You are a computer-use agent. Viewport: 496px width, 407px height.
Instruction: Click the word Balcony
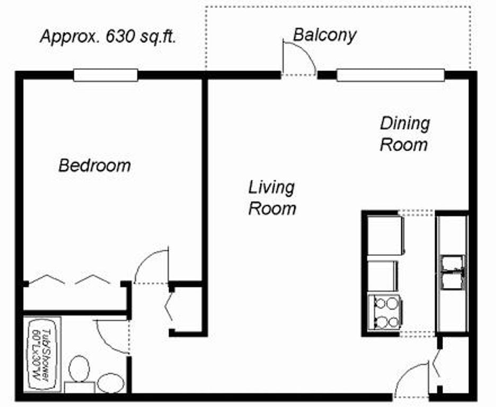click(324, 35)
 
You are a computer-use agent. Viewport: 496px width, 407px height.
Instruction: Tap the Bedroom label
click(94, 165)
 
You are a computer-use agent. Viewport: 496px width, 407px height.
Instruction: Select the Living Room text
click(272, 198)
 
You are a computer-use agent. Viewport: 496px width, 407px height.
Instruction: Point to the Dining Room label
click(404, 134)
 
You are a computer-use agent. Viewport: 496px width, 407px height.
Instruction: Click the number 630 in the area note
click(121, 37)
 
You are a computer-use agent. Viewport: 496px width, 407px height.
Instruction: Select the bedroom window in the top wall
click(105, 75)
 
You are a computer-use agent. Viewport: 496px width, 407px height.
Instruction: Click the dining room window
click(391, 75)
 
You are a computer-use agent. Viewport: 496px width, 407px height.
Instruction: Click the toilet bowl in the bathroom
click(79, 369)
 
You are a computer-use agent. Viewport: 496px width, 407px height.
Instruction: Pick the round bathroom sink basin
click(111, 383)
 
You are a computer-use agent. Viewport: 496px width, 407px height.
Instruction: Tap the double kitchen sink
click(453, 272)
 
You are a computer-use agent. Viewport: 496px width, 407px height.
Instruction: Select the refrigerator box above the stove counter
click(386, 235)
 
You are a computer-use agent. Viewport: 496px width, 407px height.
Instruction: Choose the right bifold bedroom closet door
click(93, 279)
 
